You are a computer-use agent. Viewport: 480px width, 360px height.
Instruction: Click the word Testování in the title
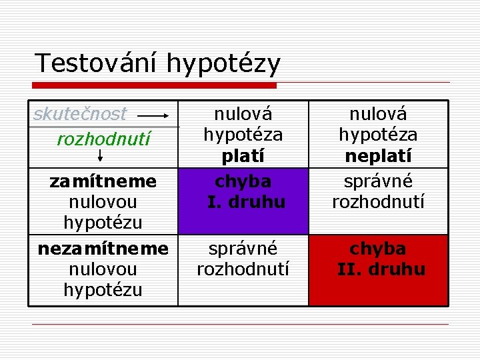[97, 63]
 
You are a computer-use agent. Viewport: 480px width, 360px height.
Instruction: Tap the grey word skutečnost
[80, 114]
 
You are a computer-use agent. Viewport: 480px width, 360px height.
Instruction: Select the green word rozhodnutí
[103, 139]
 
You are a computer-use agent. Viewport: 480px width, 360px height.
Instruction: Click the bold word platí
[243, 156]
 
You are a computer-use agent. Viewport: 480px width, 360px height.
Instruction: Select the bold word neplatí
[378, 156]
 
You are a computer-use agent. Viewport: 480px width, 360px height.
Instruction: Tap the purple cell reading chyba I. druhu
[243, 200]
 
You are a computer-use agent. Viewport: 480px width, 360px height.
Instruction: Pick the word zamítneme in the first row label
[103, 181]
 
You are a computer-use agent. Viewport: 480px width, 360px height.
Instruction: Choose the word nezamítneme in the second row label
[103, 249]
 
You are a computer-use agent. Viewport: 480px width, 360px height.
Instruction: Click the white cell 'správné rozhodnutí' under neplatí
[378, 191]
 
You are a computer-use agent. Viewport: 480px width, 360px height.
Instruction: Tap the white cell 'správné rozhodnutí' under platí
[243, 259]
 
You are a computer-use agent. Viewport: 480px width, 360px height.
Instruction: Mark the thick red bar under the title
[155, 85]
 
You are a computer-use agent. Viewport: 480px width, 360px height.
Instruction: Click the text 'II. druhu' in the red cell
[381, 269]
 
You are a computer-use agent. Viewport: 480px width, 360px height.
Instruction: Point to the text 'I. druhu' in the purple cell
[246, 201]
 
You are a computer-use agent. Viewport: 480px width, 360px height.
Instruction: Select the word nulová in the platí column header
[243, 114]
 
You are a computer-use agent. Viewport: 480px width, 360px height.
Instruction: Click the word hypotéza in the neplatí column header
[378, 135]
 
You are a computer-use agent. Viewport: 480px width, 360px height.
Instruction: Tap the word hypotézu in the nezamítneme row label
[103, 289]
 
